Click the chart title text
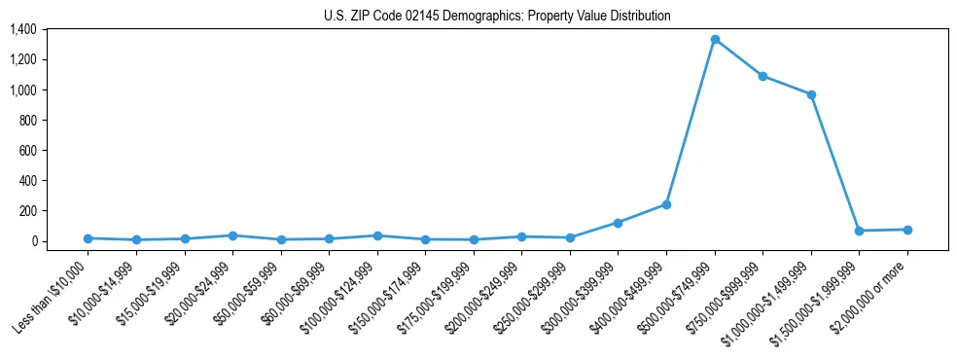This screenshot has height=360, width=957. (x=497, y=17)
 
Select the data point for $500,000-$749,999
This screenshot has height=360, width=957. (x=715, y=40)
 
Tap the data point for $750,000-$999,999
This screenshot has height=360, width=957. (x=762, y=76)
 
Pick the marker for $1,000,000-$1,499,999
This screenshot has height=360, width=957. (x=811, y=94)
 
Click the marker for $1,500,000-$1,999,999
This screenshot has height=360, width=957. (x=859, y=231)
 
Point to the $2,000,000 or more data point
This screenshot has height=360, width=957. (x=907, y=230)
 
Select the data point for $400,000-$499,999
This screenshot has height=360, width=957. (x=666, y=204)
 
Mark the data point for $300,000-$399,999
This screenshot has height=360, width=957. (x=618, y=223)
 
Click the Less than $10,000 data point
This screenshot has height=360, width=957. (x=89, y=238)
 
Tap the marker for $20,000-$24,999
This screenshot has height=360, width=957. (x=232, y=235)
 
